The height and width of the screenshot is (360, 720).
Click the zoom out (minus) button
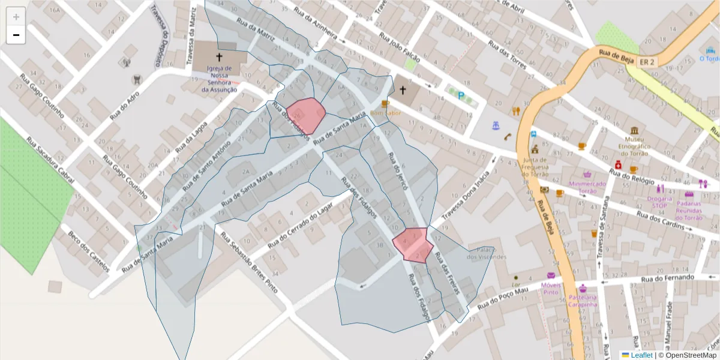point(16,35)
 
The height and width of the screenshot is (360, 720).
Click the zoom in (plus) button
point(16,17)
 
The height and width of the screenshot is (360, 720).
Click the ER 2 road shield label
point(647,62)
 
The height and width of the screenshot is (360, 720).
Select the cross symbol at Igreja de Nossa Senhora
point(219,58)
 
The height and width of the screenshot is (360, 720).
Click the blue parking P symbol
point(461,95)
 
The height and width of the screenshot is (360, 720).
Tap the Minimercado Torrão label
point(589,187)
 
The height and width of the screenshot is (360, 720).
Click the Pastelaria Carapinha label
point(583,301)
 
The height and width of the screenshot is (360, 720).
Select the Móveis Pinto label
point(550,288)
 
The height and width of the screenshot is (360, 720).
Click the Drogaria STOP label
point(659,202)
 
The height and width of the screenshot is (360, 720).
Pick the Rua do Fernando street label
point(667,278)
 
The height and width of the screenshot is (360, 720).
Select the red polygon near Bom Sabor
point(306,115)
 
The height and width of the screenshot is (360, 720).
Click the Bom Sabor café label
point(385,113)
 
